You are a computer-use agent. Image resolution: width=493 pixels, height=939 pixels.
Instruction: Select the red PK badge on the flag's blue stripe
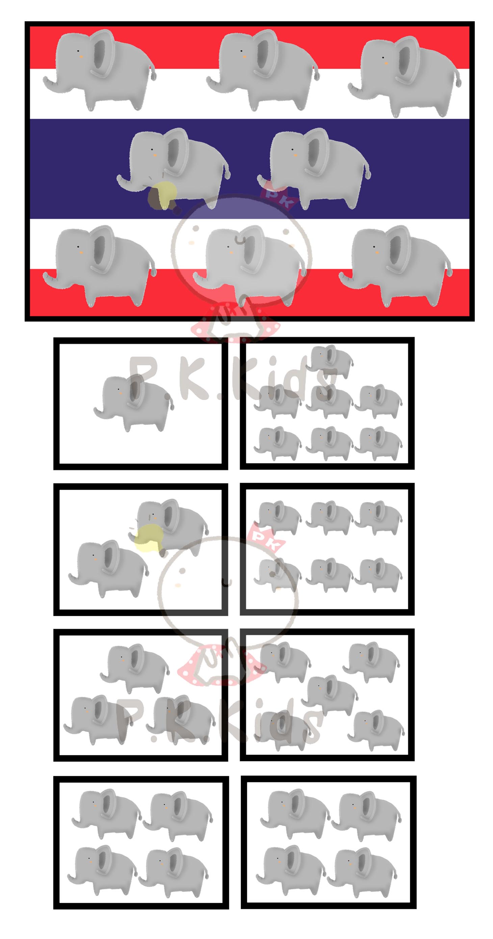tap(278, 197)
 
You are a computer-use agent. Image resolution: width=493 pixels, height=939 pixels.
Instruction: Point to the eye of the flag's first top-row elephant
tap(78, 51)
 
